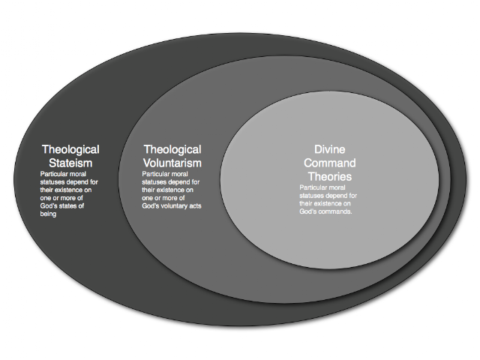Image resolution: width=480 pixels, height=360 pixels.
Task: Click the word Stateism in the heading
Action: click(70, 163)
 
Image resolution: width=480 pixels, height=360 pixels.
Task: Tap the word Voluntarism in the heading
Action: click(172, 163)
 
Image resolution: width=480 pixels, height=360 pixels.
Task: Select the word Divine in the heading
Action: click(330, 149)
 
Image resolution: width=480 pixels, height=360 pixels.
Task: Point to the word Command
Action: click(330, 163)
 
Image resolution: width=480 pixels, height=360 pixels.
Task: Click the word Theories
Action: click(330, 177)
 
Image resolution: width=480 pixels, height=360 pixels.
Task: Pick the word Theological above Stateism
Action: click(70, 150)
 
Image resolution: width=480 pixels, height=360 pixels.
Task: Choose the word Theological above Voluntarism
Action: click(172, 150)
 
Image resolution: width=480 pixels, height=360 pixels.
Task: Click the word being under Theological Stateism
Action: click(48, 214)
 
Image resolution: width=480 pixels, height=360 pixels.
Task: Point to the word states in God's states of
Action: click(67, 205)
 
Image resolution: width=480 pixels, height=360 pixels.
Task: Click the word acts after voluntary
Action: click(196, 205)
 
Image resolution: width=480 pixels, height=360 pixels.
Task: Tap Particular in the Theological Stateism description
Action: click(53, 174)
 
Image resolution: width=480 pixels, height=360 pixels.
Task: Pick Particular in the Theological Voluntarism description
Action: click(155, 174)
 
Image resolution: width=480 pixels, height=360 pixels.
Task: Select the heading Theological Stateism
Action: click(70, 156)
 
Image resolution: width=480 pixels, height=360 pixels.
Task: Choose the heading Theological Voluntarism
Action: click(172, 156)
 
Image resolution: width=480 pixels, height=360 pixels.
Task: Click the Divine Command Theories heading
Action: click(330, 163)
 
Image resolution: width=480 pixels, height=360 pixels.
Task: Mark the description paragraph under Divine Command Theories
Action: click(328, 199)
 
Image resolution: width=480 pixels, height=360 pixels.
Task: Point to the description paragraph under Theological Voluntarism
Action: click(172, 190)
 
